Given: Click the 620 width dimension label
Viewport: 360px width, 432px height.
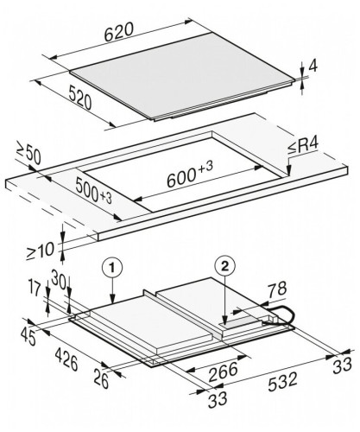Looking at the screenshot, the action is (119, 32).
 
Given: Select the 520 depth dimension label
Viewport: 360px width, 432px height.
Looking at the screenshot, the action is (80, 98).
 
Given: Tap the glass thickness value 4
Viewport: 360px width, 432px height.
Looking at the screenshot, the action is (313, 67).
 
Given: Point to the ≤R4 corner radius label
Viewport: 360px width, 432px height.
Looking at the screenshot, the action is (303, 145).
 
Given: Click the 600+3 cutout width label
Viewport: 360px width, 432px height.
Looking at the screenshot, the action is (190, 174).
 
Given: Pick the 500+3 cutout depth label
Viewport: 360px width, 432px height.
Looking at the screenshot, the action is (93, 191).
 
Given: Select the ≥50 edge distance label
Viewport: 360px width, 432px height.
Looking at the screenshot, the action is (28, 156).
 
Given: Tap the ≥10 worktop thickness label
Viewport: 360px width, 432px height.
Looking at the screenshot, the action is (41, 251).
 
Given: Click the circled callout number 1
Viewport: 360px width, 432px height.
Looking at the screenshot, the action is (112, 268).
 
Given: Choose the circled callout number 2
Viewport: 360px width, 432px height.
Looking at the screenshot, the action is (224, 266).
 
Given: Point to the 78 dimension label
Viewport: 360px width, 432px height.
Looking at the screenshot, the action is (277, 289).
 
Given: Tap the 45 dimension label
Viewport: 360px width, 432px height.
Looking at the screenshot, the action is (28, 336).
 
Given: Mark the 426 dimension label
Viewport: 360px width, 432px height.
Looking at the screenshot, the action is (66, 359).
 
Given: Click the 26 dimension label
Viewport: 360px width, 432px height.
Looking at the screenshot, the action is (101, 379).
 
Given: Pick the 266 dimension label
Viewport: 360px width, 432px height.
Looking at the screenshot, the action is (223, 372).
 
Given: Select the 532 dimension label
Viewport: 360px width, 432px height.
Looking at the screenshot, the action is (282, 382).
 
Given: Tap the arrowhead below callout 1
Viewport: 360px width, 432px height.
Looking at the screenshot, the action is (112, 300).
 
